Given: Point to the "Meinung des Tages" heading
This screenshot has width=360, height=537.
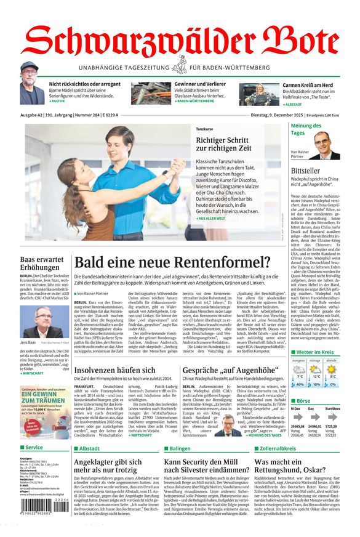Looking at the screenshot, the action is tap(306, 129).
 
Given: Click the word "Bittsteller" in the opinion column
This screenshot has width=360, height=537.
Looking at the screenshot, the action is tap(306, 169).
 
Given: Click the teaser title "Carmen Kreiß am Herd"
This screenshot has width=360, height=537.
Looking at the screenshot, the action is tap(290, 85).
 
